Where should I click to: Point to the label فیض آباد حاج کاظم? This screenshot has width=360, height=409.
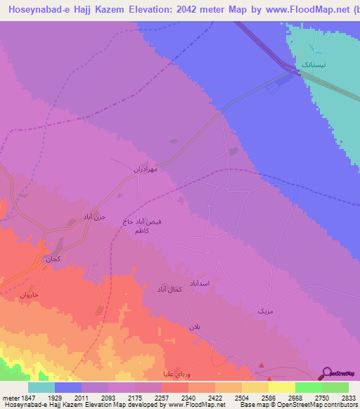click(x=143, y=226)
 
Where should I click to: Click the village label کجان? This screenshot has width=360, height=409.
click(x=53, y=259)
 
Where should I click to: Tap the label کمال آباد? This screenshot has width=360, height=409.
click(x=169, y=288)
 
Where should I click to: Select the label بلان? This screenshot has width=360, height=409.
click(x=195, y=327)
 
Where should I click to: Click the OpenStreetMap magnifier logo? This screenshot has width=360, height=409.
click(x=327, y=372)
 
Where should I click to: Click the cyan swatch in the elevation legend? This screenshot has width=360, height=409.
click(x=41, y=387)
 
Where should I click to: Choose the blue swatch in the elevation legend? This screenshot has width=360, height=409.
click(x=68, y=387)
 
